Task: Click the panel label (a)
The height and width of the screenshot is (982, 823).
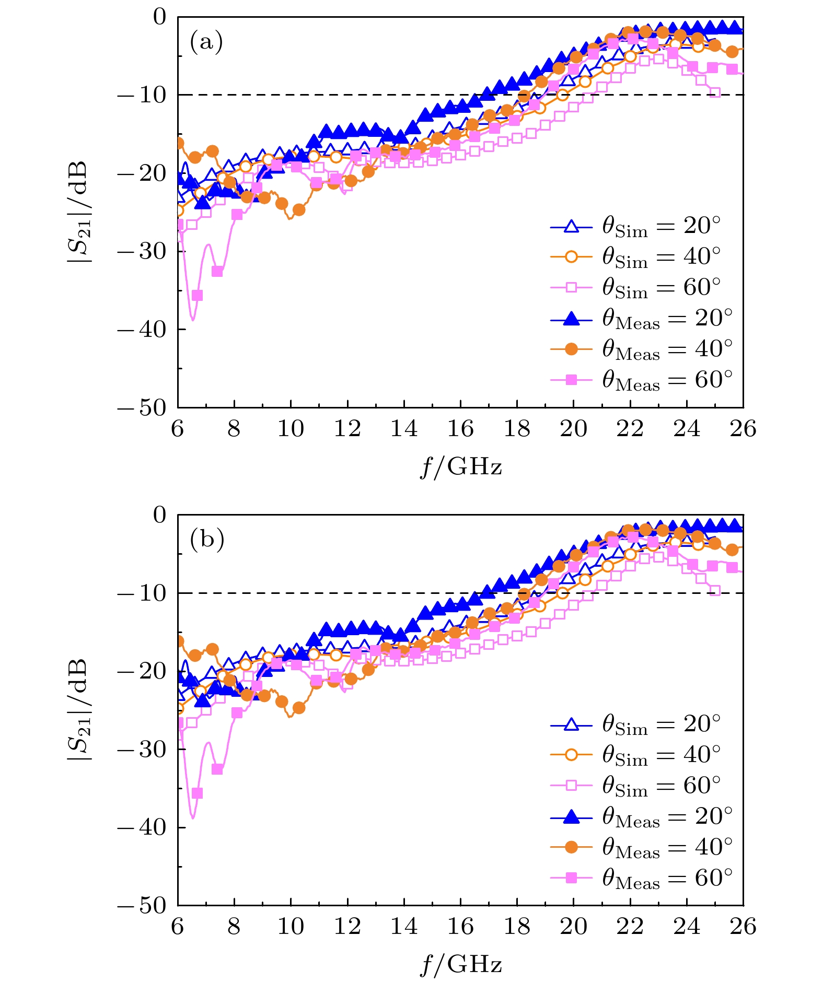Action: (x=206, y=41)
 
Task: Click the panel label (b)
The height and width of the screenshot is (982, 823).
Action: (x=207, y=539)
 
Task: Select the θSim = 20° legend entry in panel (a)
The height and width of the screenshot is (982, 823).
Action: (x=635, y=227)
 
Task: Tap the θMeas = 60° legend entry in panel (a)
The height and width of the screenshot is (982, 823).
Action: (x=641, y=380)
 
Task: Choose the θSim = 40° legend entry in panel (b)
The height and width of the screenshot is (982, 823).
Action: (x=635, y=755)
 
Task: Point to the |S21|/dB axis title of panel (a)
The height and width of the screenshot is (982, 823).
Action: (x=79, y=212)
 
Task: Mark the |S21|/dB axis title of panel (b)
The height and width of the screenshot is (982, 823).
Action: (x=79, y=709)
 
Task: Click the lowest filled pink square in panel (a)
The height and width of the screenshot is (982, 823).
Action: (x=197, y=296)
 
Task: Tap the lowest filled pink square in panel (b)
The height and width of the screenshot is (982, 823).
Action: (x=197, y=793)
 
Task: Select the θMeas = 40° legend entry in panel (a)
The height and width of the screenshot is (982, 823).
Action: (x=641, y=349)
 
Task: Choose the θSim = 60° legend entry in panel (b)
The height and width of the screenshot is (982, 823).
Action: (x=635, y=786)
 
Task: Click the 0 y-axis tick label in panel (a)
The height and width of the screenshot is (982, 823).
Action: (x=159, y=17)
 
